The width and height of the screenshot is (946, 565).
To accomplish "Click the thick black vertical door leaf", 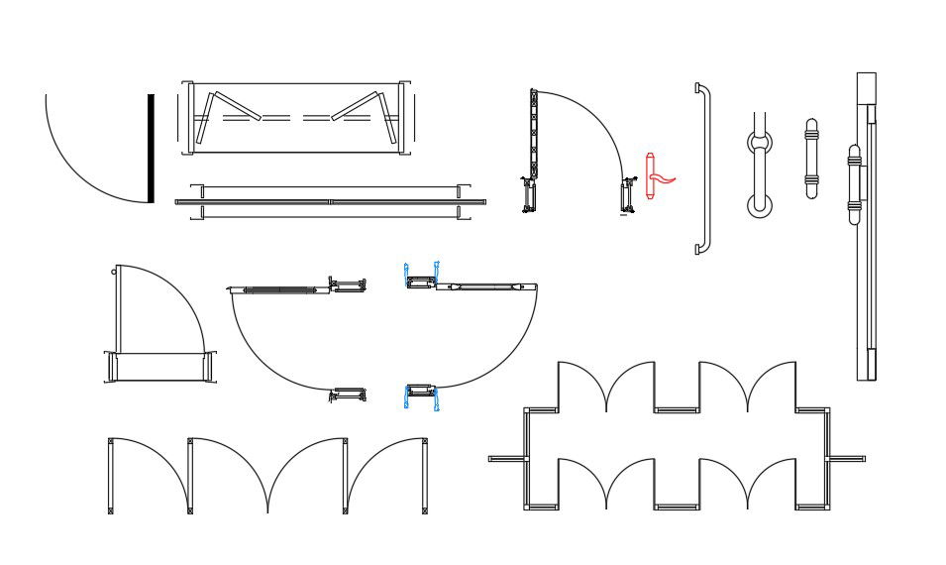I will click(x=152, y=148).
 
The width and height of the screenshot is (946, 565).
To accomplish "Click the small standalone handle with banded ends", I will click(x=811, y=159).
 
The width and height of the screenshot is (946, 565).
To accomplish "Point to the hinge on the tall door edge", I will click(x=855, y=183).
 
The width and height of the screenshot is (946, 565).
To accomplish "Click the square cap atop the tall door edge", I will click(x=867, y=86).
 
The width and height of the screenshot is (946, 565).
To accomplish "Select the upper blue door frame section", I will click(x=422, y=277).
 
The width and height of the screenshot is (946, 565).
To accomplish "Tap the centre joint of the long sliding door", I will click(x=330, y=201).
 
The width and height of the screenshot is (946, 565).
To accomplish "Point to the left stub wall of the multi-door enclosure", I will click(x=505, y=459).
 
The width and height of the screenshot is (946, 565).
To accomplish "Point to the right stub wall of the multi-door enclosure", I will click(x=847, y=459).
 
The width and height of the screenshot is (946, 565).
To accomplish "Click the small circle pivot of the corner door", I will click(x=115, y=269).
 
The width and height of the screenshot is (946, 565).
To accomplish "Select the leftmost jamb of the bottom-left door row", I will click(x=109, y=477).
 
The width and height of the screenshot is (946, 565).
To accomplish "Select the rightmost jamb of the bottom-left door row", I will click(x=425, y=477).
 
